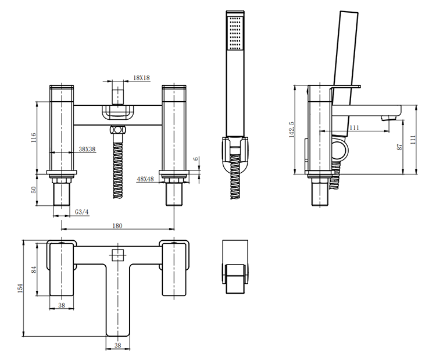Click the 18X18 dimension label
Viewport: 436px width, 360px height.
pos(141,77)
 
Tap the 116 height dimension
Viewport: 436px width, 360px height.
pos(33,138)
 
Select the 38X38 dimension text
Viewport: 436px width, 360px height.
pos(87,149)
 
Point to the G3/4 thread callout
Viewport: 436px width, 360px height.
pos(82,212)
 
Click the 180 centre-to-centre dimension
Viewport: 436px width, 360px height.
pos(117,226)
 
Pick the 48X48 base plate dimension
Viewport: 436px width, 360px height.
pos(145,179)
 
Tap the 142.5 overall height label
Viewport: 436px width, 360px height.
pos(292,129)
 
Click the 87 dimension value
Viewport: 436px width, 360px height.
pos(399,147)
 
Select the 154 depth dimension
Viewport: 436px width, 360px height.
pos(20,288)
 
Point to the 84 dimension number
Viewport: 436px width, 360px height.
pos(33,270)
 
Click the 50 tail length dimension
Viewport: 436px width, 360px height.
pos(33,190)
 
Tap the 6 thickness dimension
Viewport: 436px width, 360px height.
pos(196,159)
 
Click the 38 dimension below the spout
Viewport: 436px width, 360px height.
pos(117,345)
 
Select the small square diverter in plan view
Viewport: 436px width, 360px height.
pos(118,255)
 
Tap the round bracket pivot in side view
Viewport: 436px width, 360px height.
pos(340,151)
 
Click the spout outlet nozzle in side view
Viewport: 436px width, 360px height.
pos(389,119)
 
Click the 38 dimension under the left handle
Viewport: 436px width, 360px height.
pos(62,305)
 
